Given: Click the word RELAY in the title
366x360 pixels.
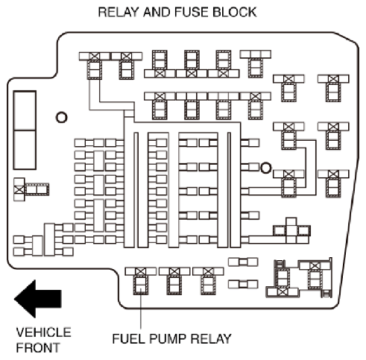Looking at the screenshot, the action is pos(118,12).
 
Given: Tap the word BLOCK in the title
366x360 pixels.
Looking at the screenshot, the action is pos(235,12).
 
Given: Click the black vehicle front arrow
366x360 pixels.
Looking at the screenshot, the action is pos(38,299).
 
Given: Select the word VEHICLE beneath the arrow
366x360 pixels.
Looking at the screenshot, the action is pos(44,332).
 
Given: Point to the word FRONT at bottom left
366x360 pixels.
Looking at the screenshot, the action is pos(38,347).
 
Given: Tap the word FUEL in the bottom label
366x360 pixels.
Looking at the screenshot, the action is pos(128,338).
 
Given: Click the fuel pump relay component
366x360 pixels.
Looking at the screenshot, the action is pos(141,281).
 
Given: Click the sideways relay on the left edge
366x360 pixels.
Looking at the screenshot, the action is pos(31,189).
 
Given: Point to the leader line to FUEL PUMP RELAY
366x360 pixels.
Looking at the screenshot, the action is pos(141,309).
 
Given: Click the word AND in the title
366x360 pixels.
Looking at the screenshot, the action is pos(156,12).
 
